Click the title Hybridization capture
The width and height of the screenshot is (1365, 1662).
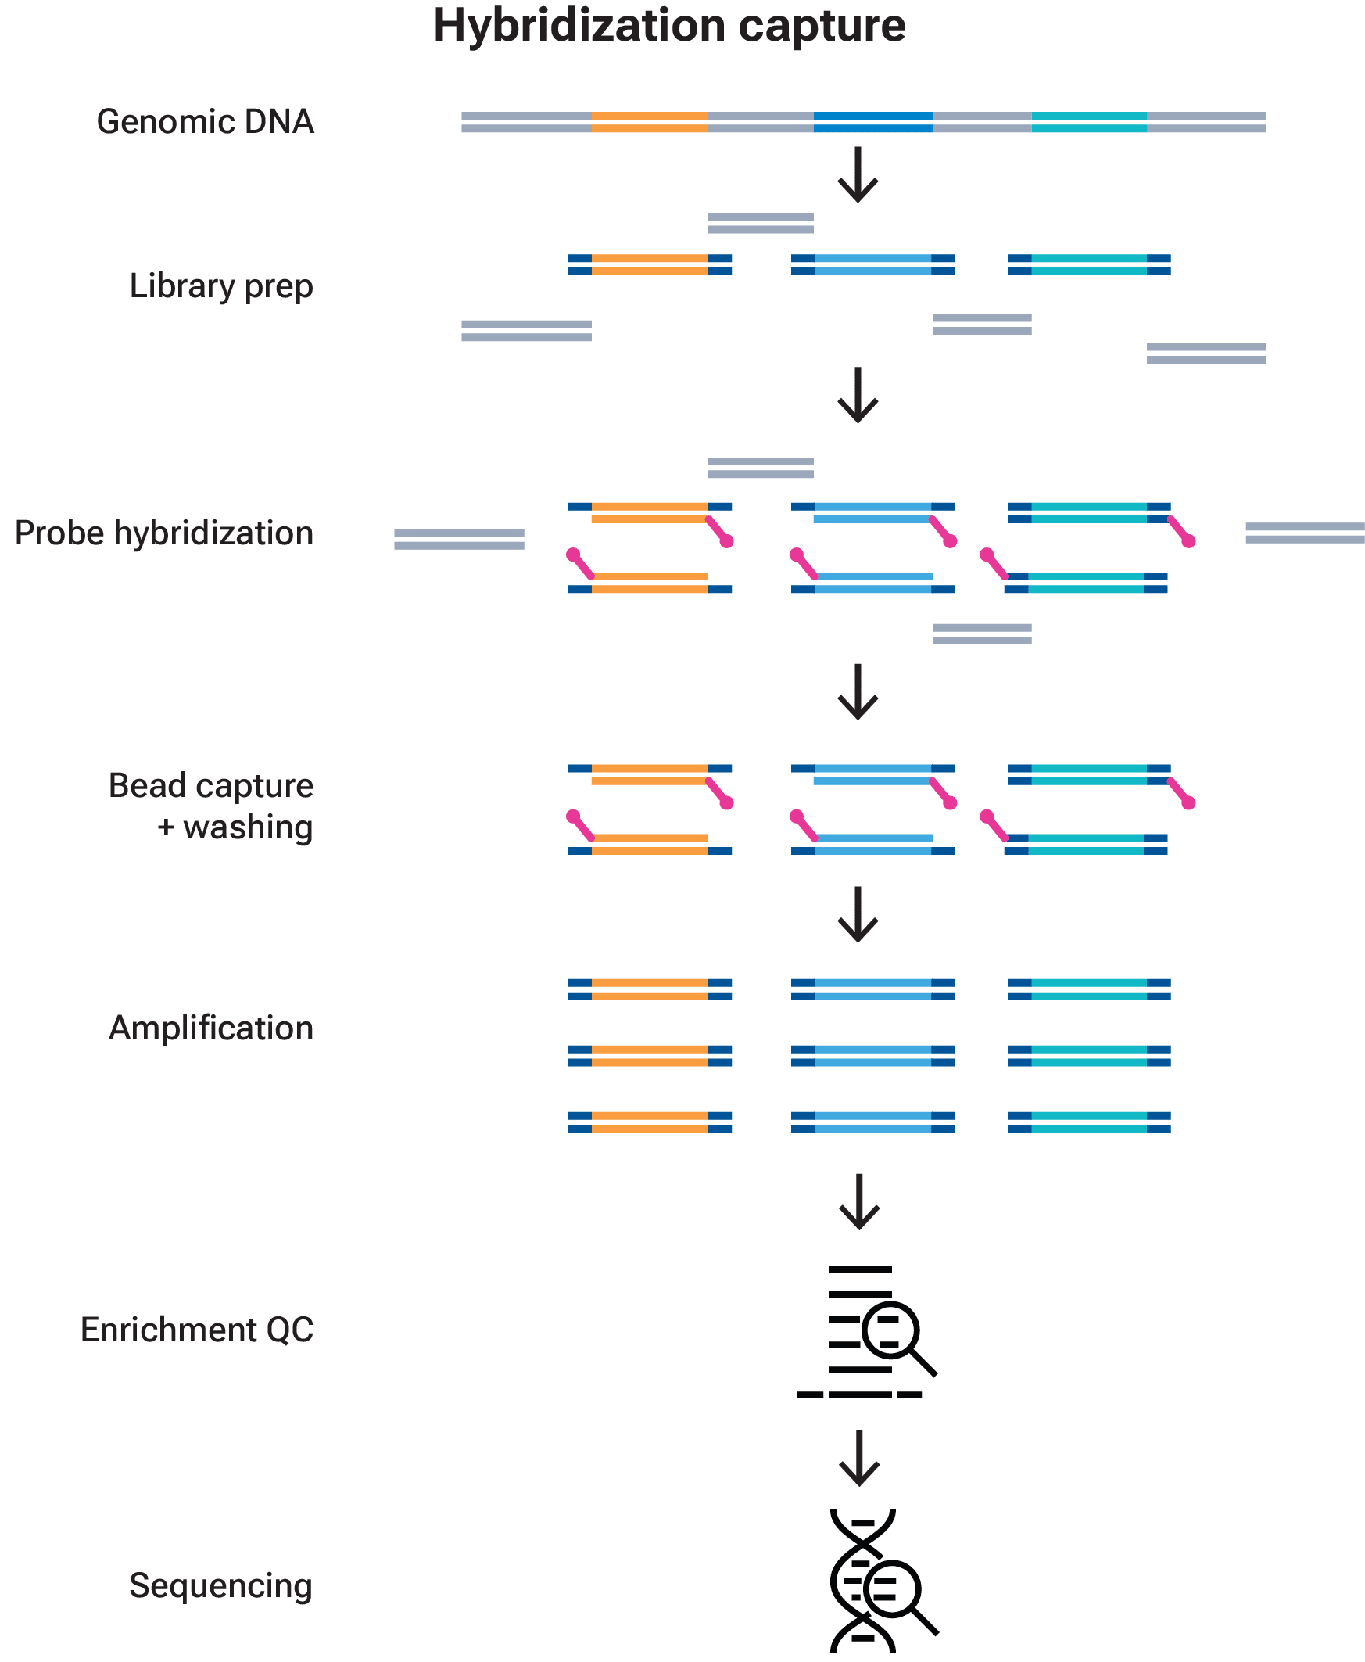[669, 27]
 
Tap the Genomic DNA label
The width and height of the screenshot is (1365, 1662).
[206, 122]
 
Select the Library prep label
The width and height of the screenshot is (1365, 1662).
[222, 287]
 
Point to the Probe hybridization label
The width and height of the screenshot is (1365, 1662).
[164, 534]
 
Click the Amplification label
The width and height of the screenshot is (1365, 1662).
[211, 1028]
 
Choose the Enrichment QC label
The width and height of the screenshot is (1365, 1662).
[197, 1330]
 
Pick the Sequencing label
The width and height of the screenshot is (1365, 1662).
[221, 1585]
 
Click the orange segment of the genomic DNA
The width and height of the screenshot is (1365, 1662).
[650, 122]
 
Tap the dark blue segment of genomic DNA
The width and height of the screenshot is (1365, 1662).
[873, 122]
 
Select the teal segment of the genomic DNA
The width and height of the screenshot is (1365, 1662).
[1089, 122]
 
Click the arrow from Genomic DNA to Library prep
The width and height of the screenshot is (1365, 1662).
[858, 174]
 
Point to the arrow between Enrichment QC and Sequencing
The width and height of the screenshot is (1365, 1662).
[859, 1459]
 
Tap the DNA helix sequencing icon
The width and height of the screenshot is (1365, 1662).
[883, 1581]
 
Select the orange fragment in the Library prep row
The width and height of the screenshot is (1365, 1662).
[650, 265]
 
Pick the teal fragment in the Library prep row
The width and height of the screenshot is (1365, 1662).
[1089, 265]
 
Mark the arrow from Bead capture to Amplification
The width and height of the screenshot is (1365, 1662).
[858, 915]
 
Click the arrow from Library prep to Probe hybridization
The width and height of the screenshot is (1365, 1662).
[858, 396]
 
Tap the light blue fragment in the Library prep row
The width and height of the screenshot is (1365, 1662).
[872, 265]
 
